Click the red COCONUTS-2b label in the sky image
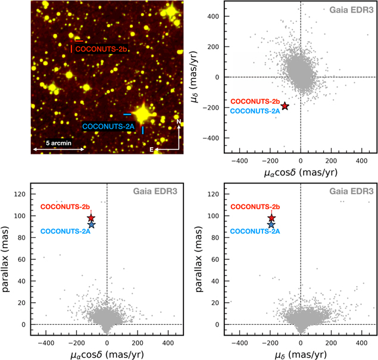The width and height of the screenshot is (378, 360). [101, 49]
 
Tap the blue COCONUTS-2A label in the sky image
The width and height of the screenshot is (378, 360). [108, 126]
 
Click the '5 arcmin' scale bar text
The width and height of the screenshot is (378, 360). [58, 143]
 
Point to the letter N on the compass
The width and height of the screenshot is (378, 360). [179, 122]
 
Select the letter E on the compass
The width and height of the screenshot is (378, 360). [151, 150]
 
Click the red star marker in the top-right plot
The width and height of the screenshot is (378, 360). [285, 105]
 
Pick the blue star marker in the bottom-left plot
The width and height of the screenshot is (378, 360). [92, 225]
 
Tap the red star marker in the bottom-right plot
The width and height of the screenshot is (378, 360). [271, 218]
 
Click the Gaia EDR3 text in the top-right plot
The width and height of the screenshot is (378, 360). [351, 10]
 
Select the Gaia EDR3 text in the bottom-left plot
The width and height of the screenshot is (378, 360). [155, 191]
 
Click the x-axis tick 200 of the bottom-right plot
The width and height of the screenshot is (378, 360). [331, 343]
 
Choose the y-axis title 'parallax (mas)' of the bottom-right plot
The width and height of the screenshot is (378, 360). [199, 259]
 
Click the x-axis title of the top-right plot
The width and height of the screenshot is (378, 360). [301, 173]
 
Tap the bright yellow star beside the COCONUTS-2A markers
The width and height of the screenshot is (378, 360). [143, 114]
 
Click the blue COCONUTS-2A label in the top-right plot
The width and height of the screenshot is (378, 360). [255, 111]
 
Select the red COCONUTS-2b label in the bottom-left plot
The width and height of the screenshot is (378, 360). [65, 207]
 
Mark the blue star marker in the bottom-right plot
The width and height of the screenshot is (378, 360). [271, 225]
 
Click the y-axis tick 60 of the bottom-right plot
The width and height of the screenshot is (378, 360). [215, 259]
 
